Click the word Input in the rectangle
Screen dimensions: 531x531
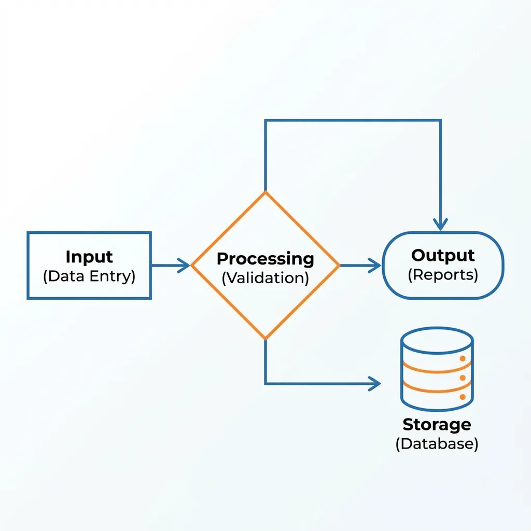(x=89, y=257)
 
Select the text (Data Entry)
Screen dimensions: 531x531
(x=89, y=276)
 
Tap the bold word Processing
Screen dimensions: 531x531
(x=265, y=258)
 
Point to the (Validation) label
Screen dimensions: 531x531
(x=265, y=277)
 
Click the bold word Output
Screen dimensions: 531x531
(x=443, y=255)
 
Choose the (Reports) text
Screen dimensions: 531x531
(x=443, y=275)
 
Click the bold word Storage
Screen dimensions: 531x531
(x=437, y=424)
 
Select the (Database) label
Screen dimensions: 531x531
(x=437, y=444)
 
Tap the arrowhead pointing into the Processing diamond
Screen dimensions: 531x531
(x=185, y=265)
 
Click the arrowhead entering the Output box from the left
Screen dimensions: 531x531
(x=376, y=265)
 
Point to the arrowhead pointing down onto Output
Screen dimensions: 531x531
(x=440, y=225)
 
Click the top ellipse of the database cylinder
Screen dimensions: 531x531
(x=437, y=340)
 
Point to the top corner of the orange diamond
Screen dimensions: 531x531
(x=265, y=193)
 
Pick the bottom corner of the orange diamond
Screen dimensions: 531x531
(x=265, y=339)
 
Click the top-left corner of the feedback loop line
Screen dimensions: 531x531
(x=265, y=121)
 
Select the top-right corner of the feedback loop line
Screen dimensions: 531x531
(x=440, y=121)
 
